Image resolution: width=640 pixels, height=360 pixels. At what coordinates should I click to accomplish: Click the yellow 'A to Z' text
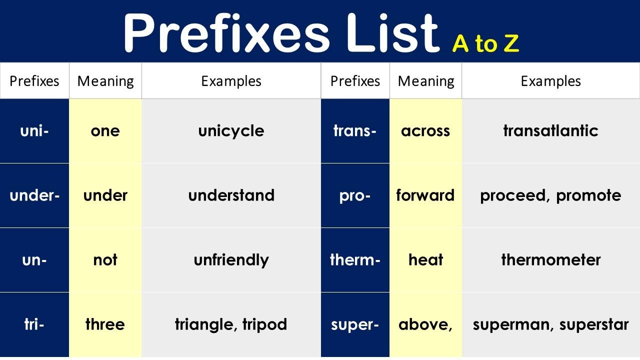(x=485, y=43)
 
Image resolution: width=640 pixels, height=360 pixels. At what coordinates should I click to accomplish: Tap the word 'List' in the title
(x=393, y=33)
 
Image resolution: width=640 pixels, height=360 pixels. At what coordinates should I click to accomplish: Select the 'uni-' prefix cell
(x=34, y=131)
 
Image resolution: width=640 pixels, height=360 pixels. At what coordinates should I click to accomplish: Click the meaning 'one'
(x=105, y=131)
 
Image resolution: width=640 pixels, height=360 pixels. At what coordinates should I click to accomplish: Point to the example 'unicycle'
(x=231, y=131)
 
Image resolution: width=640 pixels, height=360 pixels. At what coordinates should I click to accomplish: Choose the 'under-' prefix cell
(x=34, y=195)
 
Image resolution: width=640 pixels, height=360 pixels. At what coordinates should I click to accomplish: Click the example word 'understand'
(x=231, y=195)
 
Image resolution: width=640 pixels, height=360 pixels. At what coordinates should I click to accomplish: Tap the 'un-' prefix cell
(x=34, y=260)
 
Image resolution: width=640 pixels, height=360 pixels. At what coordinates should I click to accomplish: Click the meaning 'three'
(x=105, y=324)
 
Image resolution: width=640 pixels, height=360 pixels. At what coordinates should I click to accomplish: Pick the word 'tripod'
(x=264, y=325)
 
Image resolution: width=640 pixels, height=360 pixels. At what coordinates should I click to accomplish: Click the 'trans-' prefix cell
(x=355, y=131)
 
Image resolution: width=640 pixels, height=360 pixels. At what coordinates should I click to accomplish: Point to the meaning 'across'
(x=425, y=131)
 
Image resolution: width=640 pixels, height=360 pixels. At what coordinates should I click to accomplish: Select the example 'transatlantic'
(x=550, y=131)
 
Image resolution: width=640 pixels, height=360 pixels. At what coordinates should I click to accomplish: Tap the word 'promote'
(x=588, y=196)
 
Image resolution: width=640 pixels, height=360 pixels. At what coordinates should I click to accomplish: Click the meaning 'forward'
(x=425, y=195)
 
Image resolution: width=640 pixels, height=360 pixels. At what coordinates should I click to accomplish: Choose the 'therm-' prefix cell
(x=355, y=260)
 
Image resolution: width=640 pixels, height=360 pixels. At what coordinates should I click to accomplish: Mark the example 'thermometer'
(x=551, y=260)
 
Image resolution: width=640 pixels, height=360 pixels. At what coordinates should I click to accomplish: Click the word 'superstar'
(x=594, y=325)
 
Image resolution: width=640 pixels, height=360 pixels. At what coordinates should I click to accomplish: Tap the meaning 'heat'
(x=425, y=260)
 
